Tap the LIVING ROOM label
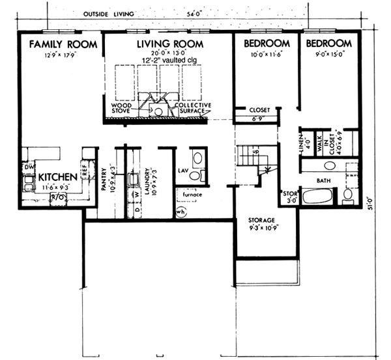[x=169, y=44]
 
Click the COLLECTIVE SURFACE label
[x=191, y=108]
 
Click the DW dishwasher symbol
[x=28, y=167]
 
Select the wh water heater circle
[x=182, y=211]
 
